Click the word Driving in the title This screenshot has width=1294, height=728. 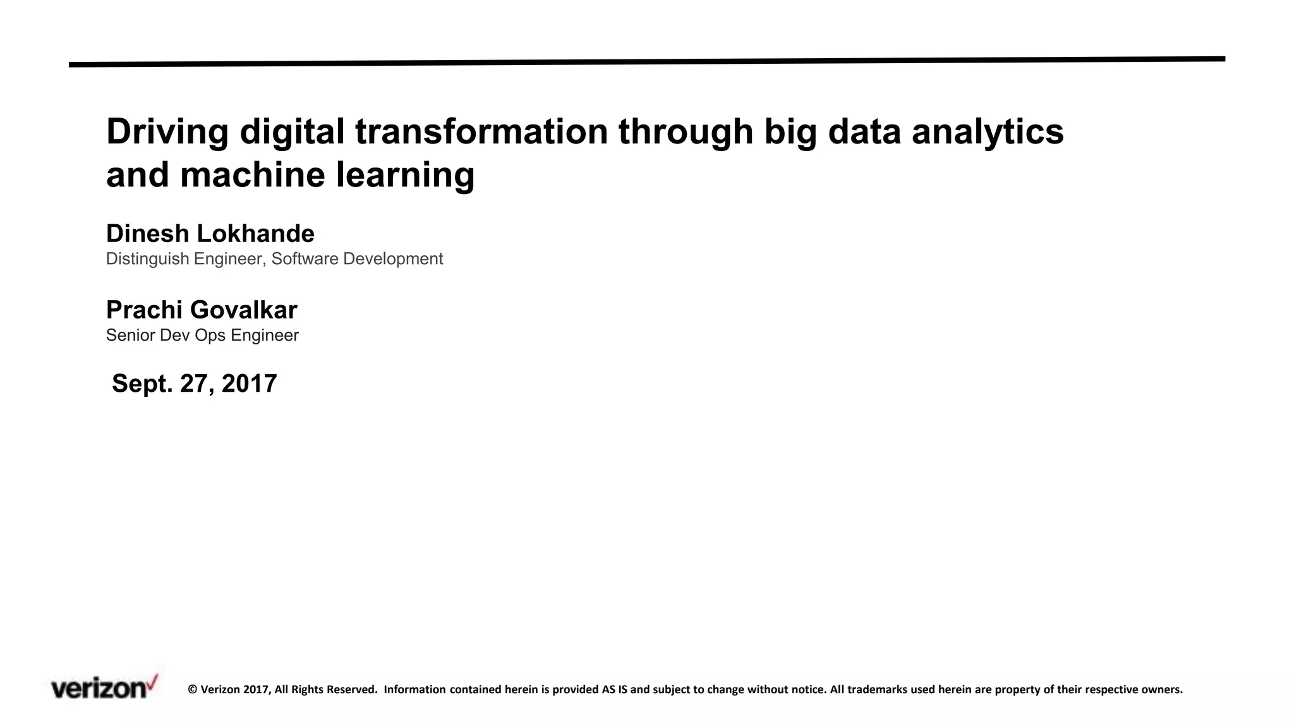167,132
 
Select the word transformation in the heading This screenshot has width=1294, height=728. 481,132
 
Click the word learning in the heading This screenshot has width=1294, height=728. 405,175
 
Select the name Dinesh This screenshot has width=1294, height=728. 147,234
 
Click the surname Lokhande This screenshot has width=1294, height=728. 255,234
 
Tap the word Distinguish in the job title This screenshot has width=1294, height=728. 147,259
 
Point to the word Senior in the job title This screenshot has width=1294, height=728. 130,336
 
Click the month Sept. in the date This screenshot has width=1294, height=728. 142,384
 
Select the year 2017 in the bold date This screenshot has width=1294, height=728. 249,384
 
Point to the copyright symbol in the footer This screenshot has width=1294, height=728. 193,689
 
